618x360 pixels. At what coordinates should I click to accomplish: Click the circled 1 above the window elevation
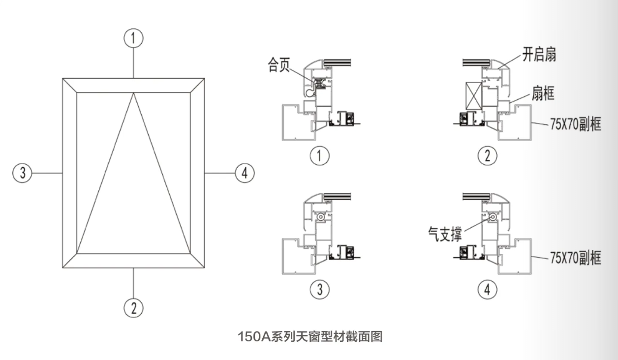(133, 38)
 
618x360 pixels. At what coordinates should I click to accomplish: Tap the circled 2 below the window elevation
(133, 308)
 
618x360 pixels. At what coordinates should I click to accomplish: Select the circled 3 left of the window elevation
(22, 173)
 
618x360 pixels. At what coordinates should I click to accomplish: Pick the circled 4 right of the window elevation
(245, 173)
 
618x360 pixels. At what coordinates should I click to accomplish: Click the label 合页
(279, 65)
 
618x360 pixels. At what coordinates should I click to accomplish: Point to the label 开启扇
(539, 55)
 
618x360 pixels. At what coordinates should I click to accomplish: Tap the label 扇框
(543, 93)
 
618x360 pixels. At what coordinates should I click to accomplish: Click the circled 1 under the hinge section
(320, 156)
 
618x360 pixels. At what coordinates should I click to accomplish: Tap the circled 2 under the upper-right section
(488, 156)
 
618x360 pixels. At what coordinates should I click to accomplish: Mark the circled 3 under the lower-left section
(320, 289)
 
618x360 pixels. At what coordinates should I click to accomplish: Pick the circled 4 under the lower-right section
(488, 289)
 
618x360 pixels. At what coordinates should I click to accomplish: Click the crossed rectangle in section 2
(474, 95)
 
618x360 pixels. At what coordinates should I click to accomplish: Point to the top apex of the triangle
(133, 94)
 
